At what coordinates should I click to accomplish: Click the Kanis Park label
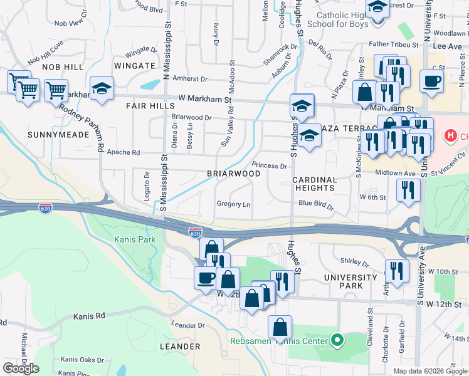point(134,239)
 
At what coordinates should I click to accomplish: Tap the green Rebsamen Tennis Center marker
point(338,342)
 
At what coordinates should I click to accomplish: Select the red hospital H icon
point(450,135)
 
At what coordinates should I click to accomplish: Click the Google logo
point(21,368)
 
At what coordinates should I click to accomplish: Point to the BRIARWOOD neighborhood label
point(234,174)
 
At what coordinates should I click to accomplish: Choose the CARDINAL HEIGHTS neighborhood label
point(315,184)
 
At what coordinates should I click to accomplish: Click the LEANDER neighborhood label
point(179,347)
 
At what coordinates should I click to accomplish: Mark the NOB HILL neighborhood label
point(63,66)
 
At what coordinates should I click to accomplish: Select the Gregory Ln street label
point(233,204)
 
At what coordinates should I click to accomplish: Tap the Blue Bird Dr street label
point(316,203)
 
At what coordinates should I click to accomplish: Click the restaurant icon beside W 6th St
point(408,190)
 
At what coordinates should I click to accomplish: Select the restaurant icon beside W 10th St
point(396,270)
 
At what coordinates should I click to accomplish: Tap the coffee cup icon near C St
point(431,81)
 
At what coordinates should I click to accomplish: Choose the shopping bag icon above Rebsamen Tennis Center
point(280,326)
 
